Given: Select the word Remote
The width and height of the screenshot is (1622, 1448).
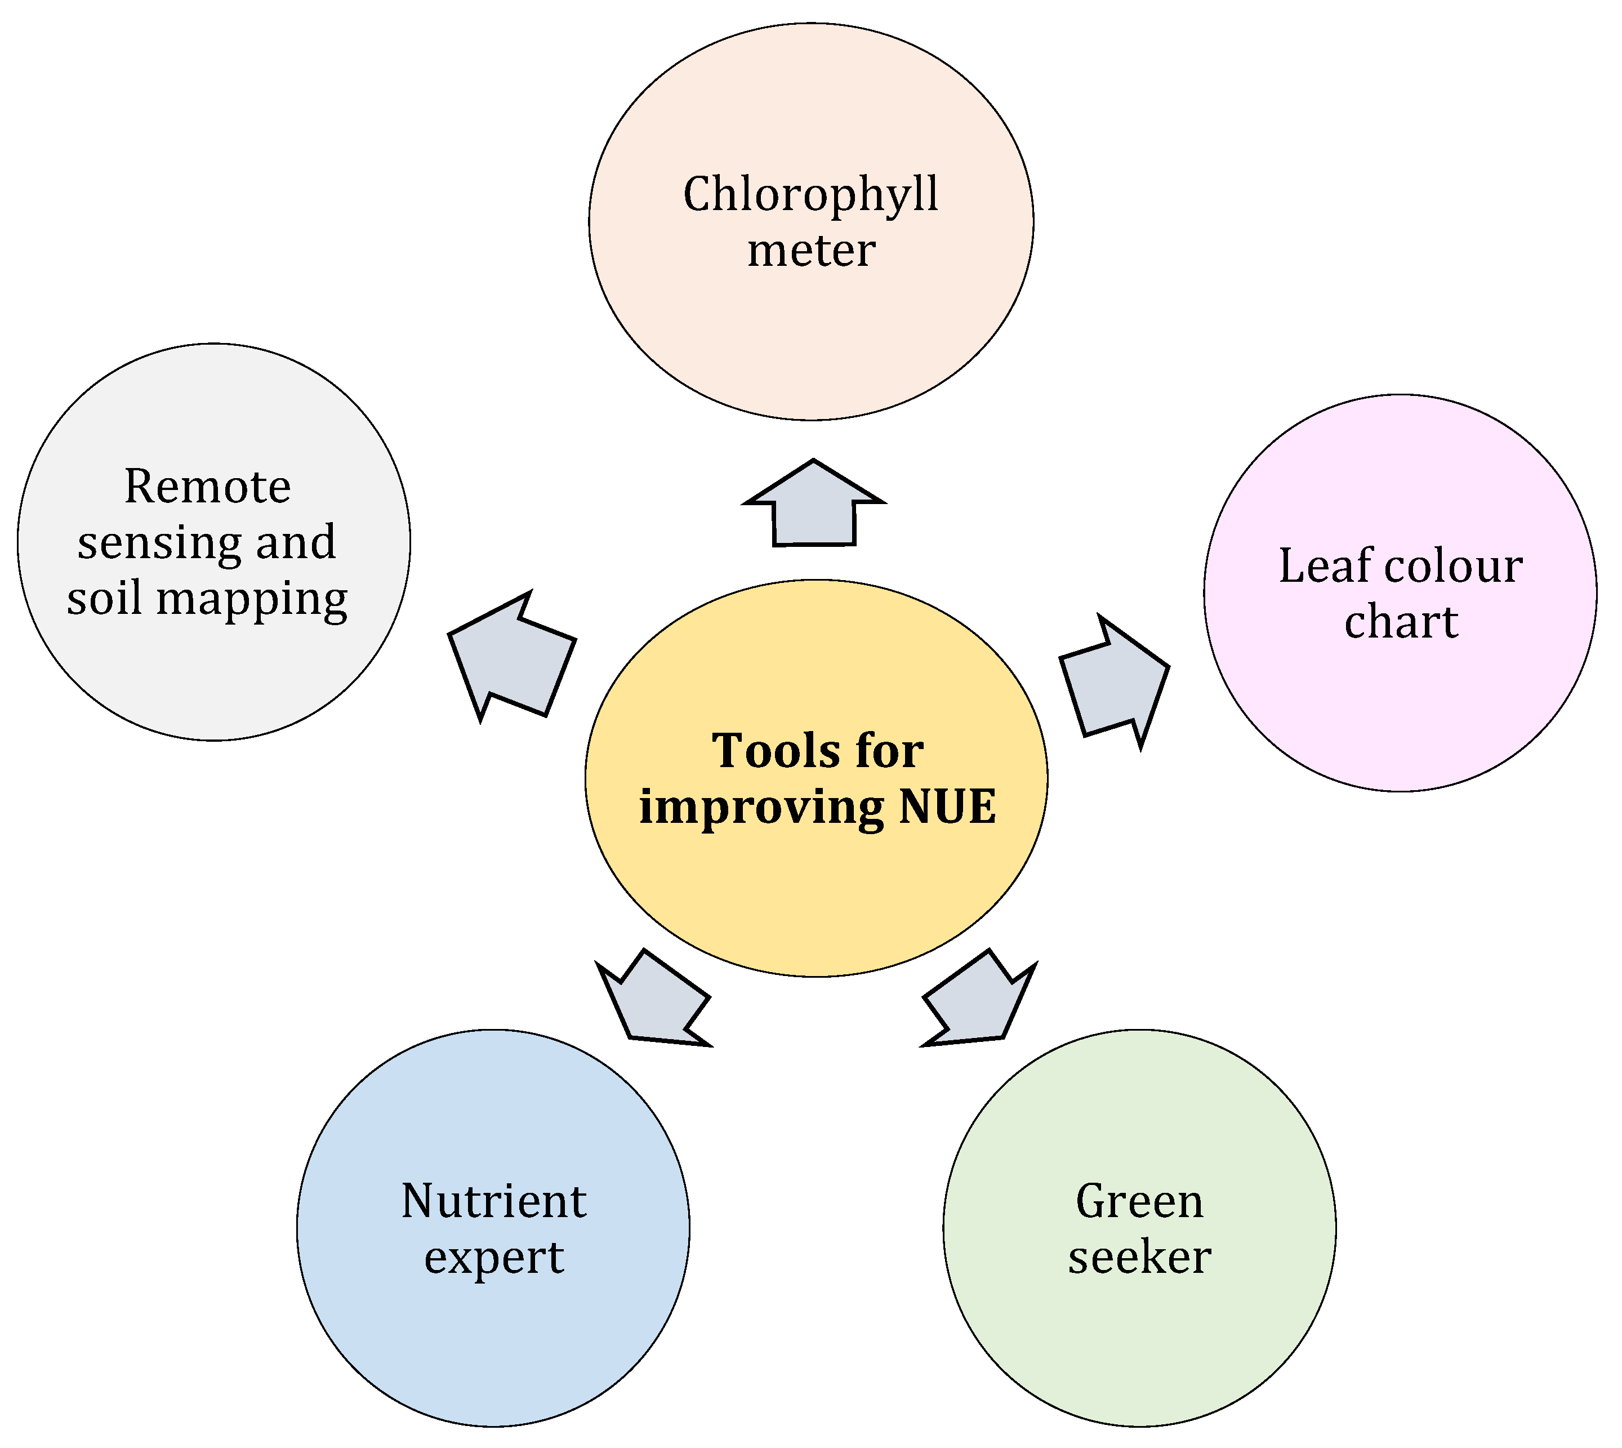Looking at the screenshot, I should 208,487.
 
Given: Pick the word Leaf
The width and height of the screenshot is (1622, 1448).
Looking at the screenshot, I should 1325,567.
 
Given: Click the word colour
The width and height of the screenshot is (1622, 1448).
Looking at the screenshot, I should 1454,567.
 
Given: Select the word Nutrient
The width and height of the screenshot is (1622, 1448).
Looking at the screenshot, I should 493,1201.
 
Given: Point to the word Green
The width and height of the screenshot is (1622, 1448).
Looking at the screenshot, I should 1139,1201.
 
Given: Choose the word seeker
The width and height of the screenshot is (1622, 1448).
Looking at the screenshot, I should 1139,1257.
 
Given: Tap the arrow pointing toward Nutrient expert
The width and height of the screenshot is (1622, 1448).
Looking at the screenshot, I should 654,1002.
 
